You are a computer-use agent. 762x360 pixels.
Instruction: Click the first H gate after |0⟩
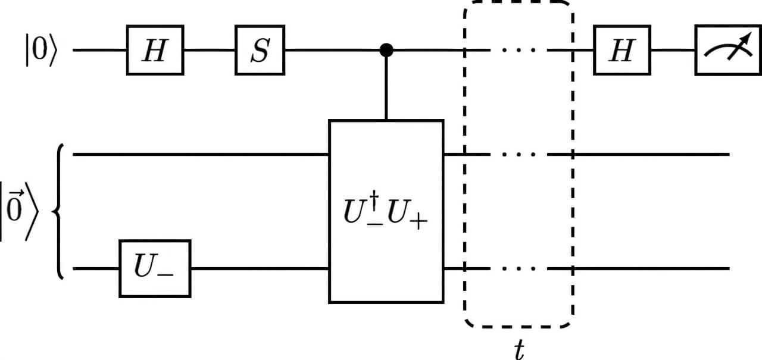point(155,51)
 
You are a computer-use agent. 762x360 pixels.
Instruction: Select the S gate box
point(260,51)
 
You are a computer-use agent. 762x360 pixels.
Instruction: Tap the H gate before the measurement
point(622,51)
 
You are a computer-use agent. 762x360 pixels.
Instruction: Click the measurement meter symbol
point(727,51)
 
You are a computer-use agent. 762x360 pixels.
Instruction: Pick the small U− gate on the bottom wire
point(155,268)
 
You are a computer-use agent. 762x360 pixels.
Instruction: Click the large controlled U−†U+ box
point(386,211)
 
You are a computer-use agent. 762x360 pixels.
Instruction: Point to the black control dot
point(386,51)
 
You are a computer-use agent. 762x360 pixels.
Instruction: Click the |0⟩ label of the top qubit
point(40,51)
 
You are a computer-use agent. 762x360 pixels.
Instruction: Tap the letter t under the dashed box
point(519,350)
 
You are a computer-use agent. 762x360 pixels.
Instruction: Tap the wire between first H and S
point(209,51)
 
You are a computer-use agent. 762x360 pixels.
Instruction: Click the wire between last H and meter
point(673,51)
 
